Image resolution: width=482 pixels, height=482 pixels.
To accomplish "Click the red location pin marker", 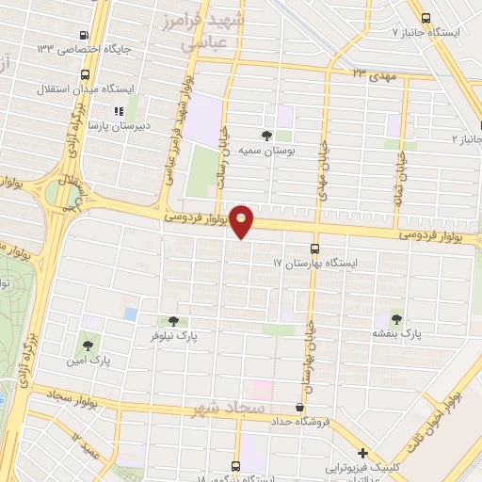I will click(242, 219).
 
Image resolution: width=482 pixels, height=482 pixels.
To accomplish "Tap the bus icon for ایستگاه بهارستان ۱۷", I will click(313, 249).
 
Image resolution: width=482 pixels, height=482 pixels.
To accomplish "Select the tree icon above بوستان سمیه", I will click(266, 136).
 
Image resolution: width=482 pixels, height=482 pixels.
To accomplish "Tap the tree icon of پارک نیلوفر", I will click(171, 321).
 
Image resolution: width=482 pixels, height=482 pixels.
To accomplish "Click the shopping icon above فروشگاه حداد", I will click(299, 407).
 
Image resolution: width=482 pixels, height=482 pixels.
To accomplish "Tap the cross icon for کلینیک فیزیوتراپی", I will click(362, 454).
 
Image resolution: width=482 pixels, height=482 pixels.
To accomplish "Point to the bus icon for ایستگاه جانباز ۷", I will click(426, 18).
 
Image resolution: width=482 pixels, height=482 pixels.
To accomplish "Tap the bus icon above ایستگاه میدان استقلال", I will click(86, 74).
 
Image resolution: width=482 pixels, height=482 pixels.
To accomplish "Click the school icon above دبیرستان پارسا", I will click(118, 111).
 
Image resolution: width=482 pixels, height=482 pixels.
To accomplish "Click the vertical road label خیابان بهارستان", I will click(308, 361).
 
